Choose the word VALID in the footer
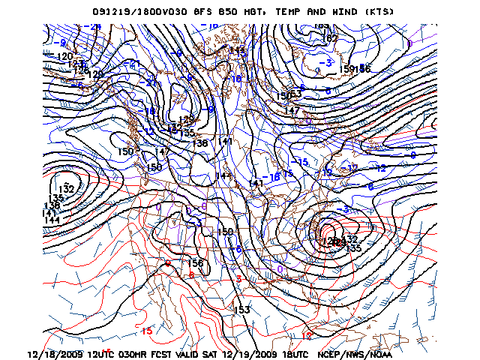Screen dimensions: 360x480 [x=199, y=353]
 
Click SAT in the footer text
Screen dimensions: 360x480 [x=228, y=353]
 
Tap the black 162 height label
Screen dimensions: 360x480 [x=329, y=38]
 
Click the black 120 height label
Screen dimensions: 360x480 [x=65, y=57]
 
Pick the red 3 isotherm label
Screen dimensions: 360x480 [x=238, y=279]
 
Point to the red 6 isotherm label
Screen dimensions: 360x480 [x=191, y=274]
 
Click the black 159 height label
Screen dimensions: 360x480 [x=349, y=69]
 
